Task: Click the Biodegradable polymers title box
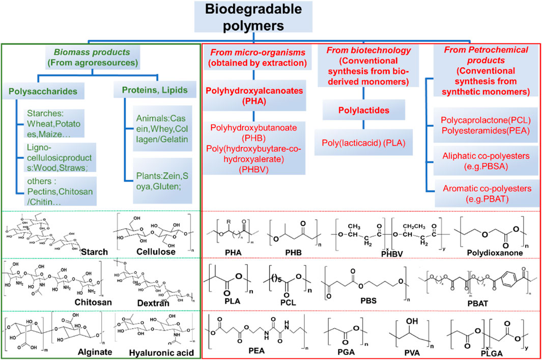[x=271, y=18]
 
